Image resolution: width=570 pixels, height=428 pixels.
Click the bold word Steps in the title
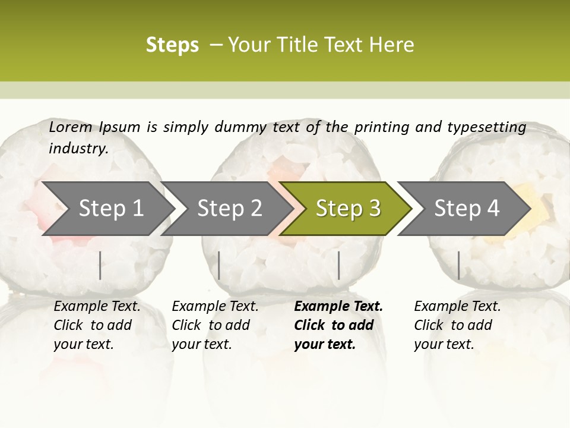172,45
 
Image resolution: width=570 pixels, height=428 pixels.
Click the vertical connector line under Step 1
100,265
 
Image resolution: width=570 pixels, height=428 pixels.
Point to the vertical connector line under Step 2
219,265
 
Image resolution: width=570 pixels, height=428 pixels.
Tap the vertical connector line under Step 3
338,265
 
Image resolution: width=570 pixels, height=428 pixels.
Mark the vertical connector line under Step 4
458,265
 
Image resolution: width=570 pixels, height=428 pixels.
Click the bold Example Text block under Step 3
338,325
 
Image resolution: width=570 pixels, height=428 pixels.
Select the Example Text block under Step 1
97,325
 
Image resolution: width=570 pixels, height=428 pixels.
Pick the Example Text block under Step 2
215,325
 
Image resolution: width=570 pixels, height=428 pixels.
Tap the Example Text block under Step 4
457,325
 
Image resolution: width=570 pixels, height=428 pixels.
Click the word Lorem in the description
71,127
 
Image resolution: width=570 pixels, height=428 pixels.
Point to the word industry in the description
78,149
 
